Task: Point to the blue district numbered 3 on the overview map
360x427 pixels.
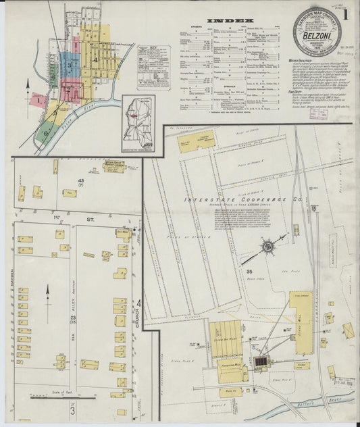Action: (70, 66)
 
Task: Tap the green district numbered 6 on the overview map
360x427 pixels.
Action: (45, 132)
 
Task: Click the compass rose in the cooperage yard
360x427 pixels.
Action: (268, 247)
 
